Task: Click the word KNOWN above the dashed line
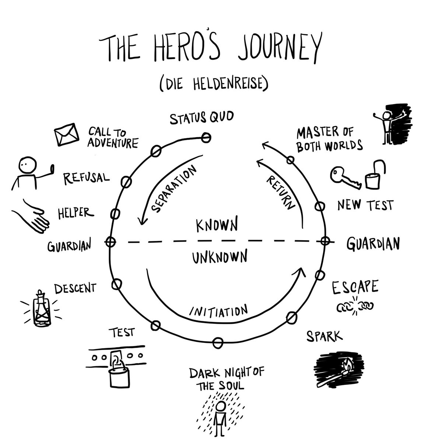(216, 225)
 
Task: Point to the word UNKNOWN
(219, 257)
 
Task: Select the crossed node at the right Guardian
(325, 241)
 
